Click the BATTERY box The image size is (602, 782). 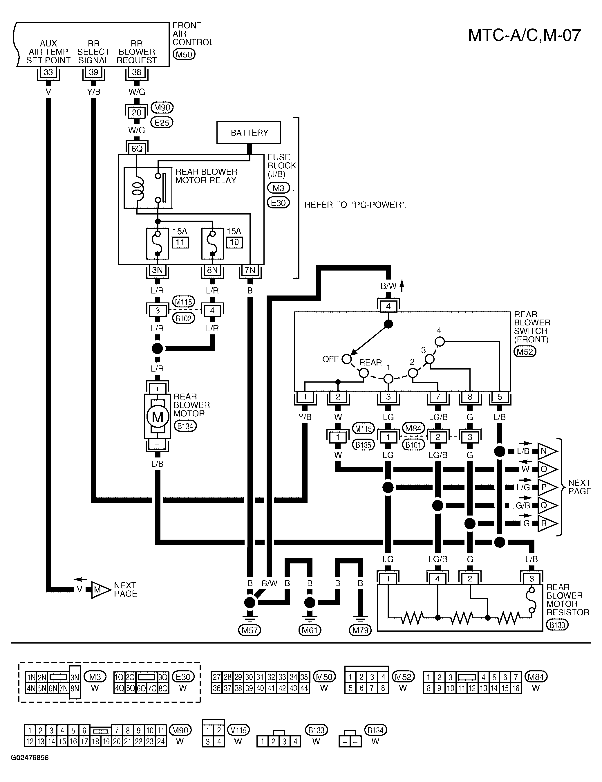(249, 133)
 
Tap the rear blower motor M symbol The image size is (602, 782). (158, 417)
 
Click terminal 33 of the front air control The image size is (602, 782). (48, 72)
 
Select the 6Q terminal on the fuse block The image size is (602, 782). (137, 149)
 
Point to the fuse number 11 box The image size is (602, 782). (180, 242)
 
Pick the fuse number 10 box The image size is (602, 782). (234, 242)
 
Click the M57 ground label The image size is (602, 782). (250, 630)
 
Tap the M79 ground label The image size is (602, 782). (360, 630)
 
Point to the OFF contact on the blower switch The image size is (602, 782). (346, 359)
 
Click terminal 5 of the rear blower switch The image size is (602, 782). (500, 397)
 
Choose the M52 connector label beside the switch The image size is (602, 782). (525, 352)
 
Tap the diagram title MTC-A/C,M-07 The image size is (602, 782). (524, 35)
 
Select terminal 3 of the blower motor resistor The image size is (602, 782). (532, 579)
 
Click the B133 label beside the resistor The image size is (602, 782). (557, 625)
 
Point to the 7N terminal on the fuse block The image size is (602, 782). (250, 270)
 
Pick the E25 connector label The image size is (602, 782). (162, 123)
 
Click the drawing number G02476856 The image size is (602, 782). (29, 758)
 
